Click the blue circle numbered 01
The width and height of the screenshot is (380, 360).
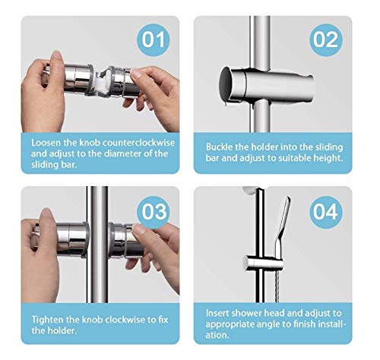point(154,39)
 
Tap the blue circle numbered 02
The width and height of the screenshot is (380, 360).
point(326,39)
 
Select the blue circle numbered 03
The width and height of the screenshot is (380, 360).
point(154,212)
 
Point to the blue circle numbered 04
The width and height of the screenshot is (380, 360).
point(326,212)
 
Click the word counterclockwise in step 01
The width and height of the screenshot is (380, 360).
point(138,143)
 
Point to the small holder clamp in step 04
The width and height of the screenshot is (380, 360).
point(263,264)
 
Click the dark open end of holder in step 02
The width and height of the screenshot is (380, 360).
point(226,84)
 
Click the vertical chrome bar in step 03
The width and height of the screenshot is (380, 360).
point(97,245)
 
